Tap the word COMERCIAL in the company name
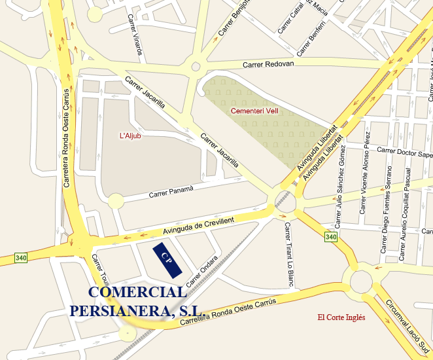point(137,293)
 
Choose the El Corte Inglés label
point(341,317)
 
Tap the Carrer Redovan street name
point(268,64)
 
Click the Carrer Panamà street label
point(171,192)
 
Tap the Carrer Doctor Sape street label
point(405,153)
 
